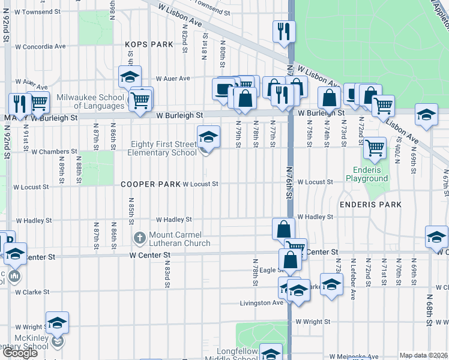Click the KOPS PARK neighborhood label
point(149,44)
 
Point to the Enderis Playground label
point(367,174)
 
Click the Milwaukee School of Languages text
point(91,101)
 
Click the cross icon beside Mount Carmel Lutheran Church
point(140,239)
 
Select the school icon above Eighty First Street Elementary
point(208,137)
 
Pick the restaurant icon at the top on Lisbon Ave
point(284,31)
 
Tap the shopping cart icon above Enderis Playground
point(375,147)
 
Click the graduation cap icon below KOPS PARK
point(130,77)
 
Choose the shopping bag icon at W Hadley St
point(283,229)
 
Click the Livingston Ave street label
point(261,303)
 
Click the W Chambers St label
point(55,152)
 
